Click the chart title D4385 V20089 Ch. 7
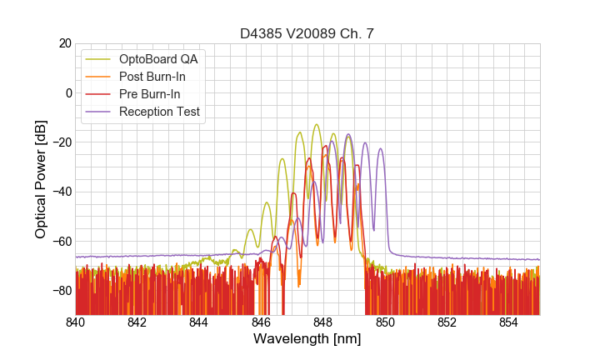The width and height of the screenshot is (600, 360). point(307,34)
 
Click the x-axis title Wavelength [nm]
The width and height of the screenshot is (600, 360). point(307,339)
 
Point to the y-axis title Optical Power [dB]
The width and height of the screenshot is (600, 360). point(41,179)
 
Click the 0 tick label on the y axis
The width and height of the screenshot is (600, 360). point(68,92)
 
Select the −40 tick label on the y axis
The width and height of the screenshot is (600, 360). point(61,192)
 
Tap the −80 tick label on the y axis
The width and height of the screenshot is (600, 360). point(61,291)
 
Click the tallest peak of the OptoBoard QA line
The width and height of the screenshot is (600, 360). point(317,125)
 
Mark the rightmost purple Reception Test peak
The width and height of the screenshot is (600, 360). point(381,149)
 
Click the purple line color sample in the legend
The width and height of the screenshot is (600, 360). point(100,112)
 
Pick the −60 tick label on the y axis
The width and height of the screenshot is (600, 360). point(61,242)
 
